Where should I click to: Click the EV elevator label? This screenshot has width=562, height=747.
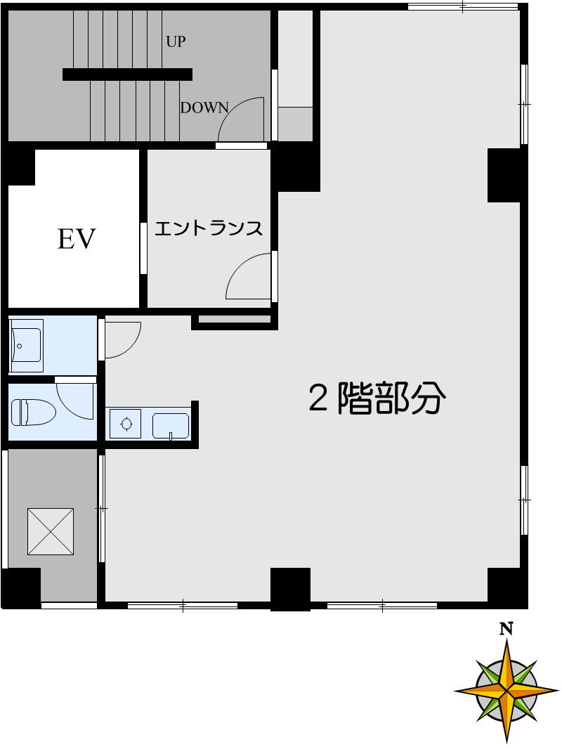76,239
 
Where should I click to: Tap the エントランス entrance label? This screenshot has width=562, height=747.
208,228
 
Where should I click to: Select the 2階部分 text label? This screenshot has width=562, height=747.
377,399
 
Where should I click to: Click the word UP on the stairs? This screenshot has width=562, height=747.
176,41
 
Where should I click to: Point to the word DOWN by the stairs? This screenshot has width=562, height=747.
204,108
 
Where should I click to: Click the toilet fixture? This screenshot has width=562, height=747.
33,413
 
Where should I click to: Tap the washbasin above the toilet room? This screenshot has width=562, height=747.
26,346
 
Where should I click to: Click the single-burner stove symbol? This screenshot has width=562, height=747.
126,424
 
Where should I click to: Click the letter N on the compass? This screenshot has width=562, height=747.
505,629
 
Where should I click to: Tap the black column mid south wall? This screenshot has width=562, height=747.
290,588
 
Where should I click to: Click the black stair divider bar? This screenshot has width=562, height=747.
127,74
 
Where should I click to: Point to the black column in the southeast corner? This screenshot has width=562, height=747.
507,587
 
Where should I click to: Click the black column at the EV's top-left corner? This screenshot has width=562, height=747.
20,166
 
